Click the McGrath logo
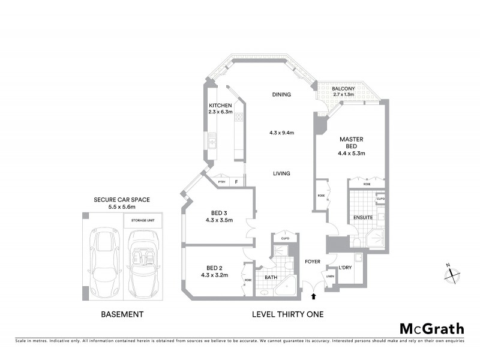point(431,328)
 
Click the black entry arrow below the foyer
point(313,296)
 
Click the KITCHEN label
point(220,105)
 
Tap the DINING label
point(281,95)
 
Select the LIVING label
point(281,173)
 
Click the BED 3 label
point(218,213)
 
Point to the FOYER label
point(313,261)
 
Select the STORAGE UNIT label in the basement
point(143,220)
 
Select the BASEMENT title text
point(122,314)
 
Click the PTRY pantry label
point(221,182)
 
